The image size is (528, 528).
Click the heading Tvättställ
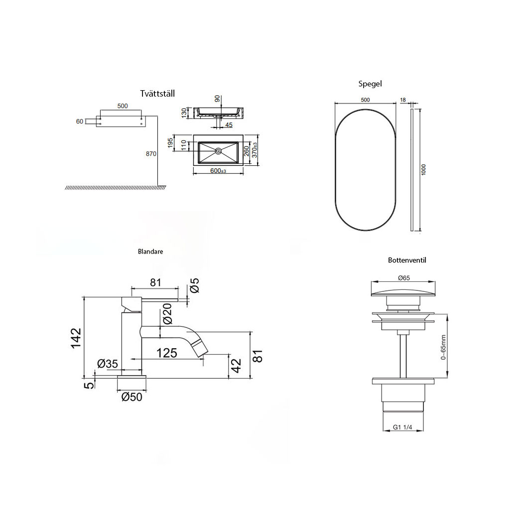tap(157, 93)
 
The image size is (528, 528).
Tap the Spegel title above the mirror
tap(370, 84)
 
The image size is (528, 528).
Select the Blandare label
tap(150, 251)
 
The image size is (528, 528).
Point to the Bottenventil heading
tap(407, 260)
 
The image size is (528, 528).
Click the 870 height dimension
tap(151, 153)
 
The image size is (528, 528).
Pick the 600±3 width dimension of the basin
tap(218, 171)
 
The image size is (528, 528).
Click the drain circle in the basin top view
tap(218, 151)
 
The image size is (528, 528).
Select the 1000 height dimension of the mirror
tap(423, 169)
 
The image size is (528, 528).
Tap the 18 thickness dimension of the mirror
tap(403, 100)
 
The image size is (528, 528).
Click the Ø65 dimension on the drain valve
tap(404, 278)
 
